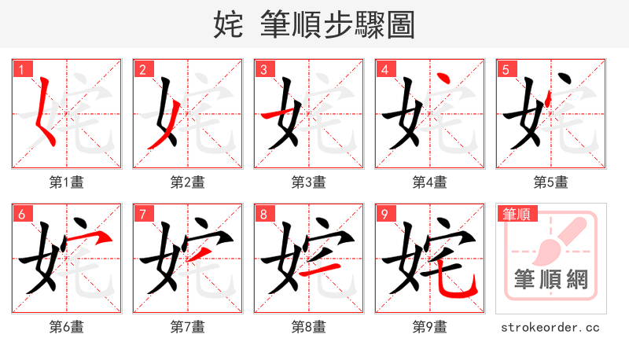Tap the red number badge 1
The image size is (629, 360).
[x=22, y=69]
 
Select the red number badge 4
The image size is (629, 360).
[x=385, y=69]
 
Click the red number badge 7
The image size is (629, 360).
[x=143, y=214]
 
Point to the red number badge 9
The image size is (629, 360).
[x=385, y=214]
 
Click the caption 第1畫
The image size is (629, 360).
[x=67, y=182]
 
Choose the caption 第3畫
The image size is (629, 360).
[x=309, y=182]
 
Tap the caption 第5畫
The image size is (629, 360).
[x=551, y=182]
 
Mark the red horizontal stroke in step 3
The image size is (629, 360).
[x=277, y=116]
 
